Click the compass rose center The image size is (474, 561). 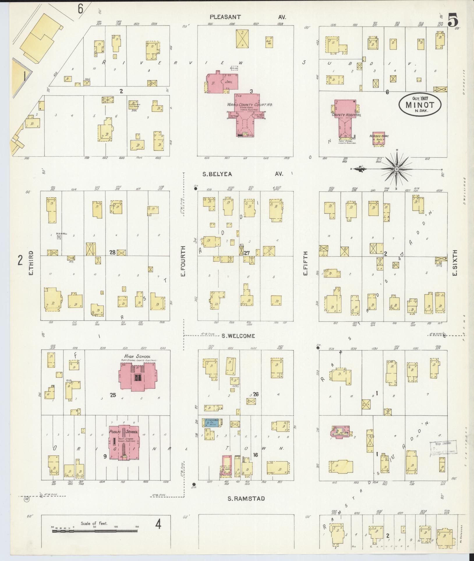[x=397, y=169]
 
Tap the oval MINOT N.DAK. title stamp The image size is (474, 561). [x=420, y=105]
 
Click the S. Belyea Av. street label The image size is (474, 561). [x=217, y=174]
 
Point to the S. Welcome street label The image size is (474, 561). [x=238, y=336]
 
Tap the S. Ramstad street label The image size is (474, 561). [x=246, y=498]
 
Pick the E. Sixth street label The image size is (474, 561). [x=455, y=263]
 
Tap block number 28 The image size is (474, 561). [x=112, y=252]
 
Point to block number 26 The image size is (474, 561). [x=256, y=394]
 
